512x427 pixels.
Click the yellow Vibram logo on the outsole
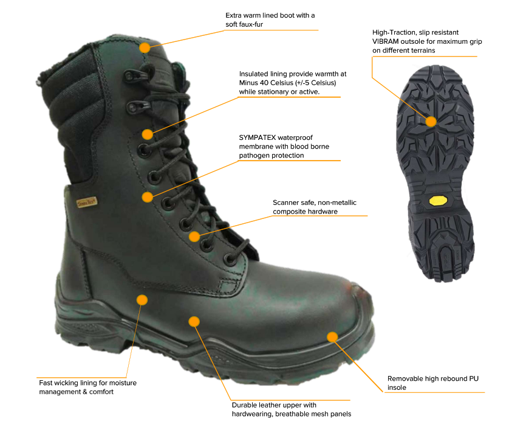click(x=437, y=200)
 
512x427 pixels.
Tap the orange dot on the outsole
click(x=431, y=122)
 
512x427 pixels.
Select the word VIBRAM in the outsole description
click(x=385, y=41)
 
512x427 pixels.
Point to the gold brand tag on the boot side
click(x=87, y=203)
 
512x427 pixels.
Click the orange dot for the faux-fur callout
click(x=145, y=47)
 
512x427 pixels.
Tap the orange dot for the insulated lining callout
click(x=148, y=134)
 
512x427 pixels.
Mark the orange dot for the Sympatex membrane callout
click(x=148, y=197)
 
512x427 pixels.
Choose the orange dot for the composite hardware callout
click(x=194, y=237)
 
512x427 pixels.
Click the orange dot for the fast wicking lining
click(x=142, y=300)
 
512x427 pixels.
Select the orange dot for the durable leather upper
click(x=194, y=321)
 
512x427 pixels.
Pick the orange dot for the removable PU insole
click(x=332, y=337)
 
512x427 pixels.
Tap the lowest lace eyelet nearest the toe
click(x=231, y=259)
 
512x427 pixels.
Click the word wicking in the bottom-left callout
click(x=67, y=383)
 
